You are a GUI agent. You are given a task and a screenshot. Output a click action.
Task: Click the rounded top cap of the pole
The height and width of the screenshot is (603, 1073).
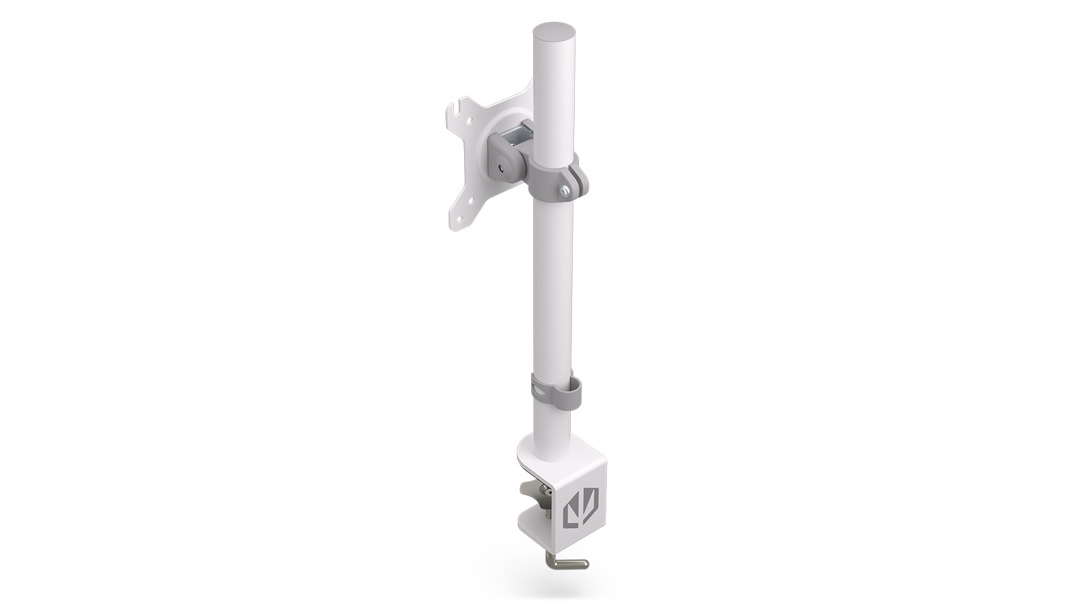tap(555, 33)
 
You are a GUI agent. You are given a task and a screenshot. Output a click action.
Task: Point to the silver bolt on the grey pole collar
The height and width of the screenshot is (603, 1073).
tap(566, 193)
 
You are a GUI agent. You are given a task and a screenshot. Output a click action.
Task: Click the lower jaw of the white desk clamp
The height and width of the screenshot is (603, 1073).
tap(543, 541)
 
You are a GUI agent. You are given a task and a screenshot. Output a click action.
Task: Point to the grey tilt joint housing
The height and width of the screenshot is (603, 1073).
tap(510, 157)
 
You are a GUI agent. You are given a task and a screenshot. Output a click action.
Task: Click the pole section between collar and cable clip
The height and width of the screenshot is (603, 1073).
tap(553, 288)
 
